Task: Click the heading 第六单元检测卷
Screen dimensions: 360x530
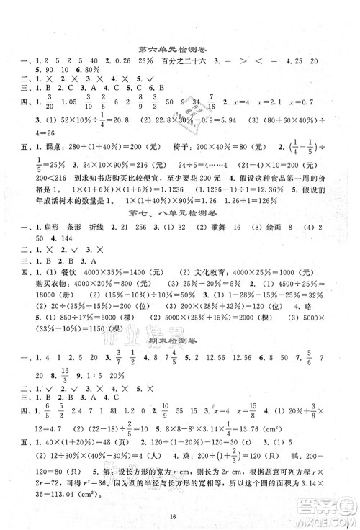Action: click(x=180, y=50)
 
